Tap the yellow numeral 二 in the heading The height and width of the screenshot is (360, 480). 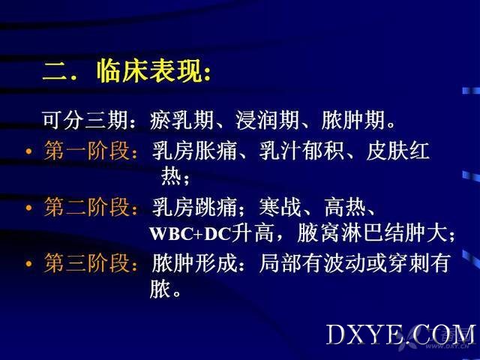[54, 72]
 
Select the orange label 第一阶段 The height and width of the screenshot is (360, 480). [87, 151]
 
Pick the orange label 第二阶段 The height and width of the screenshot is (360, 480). [87, 207]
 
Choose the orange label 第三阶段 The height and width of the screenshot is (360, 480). [87, 263]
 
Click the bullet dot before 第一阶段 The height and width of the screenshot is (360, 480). [28, 151]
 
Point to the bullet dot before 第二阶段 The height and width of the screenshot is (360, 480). [28, 208]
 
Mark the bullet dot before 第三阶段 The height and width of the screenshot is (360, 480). [28, 264]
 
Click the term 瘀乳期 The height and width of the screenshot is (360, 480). [181, 120]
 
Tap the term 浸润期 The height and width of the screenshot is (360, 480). [267, 120]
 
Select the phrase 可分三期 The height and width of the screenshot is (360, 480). [85, 120]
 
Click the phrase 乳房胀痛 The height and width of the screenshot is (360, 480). [194, 151]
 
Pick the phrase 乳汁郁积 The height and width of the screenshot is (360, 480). [301, 151]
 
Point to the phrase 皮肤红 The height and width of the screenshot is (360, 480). [397, 151]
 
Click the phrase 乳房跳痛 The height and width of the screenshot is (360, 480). [194, 207]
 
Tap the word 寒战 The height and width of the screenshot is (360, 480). [280, 207]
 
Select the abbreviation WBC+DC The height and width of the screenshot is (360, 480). [190, 234]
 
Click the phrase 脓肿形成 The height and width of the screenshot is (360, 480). [194, 263]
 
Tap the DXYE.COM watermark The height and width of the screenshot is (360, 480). [401, 334]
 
